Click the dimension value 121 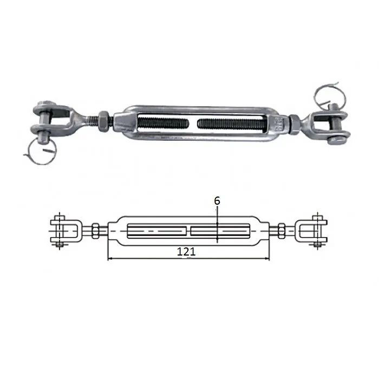tap(186, 252)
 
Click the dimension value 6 tap(217, 201)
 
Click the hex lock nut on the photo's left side tap(104, 122)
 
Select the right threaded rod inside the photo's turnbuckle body tap(232, 124)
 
